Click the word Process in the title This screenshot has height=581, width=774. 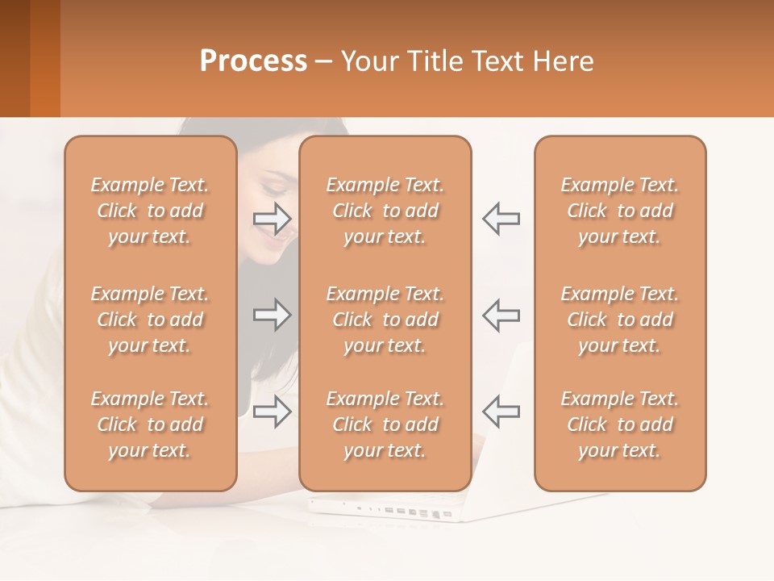[x=253, y=61]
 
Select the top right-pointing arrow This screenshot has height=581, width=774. [x=273, y=217]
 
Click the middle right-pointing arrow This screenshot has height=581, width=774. [x=273, y=315]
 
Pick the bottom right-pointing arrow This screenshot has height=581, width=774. [x=273, y=412]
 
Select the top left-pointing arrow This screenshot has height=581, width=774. [x=501, y=218]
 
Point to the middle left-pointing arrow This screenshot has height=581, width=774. [x=501, y=315]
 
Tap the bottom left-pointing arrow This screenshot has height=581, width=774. [x=501, y=412]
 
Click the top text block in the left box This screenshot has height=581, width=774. [x=150, y=211]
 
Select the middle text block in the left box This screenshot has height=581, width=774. [x=150, y=320]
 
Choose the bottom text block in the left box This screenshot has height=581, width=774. [x=150, y=424]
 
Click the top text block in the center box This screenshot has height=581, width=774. [x=385, y=211]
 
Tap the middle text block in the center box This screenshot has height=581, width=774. [x=385, y=320]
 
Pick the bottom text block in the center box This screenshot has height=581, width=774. [x=385, y=424]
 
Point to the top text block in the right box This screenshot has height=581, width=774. [x=619, y=211]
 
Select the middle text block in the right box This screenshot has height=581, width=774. [x=619, y=320]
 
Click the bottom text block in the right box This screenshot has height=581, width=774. [x=619, y=424]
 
